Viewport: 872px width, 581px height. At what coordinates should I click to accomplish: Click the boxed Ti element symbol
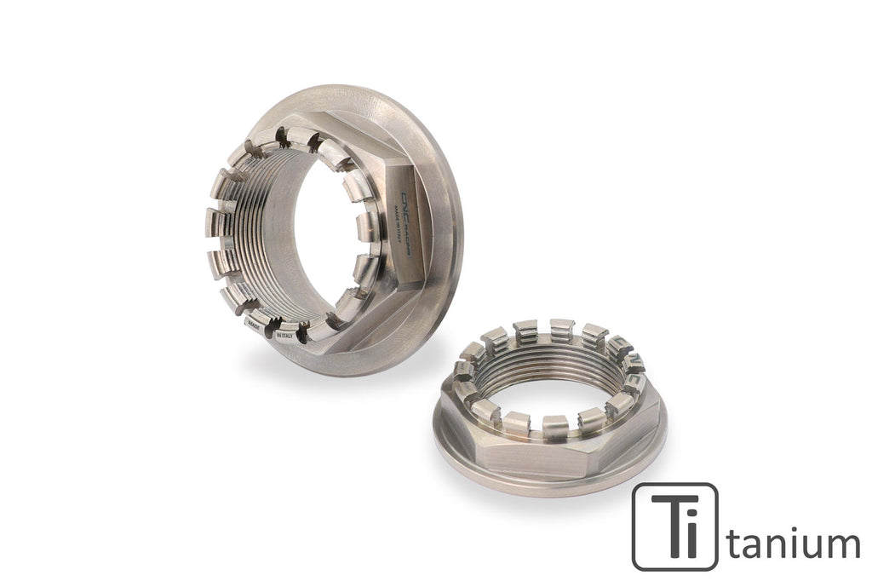[x=674, y=526]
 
